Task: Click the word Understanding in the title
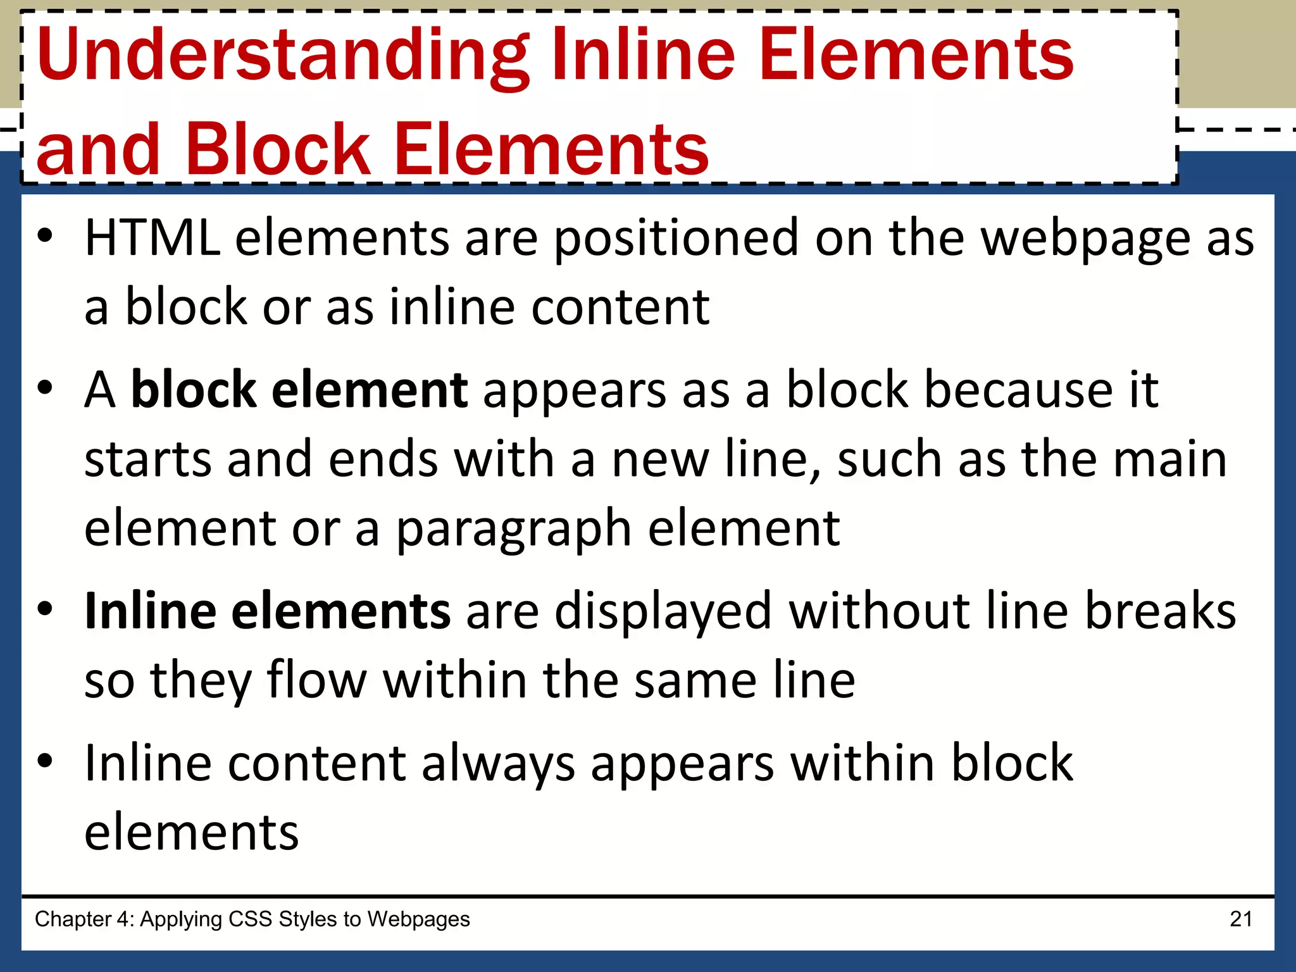pos(283,56)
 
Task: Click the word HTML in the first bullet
pos(153,238)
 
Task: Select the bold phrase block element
pos(299,390)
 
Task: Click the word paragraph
pos(513,529)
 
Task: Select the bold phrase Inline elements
pos(268,611)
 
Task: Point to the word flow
pos(316,681)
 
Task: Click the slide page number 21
pos(1241,919)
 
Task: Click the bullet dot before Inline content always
pos(45,761)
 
